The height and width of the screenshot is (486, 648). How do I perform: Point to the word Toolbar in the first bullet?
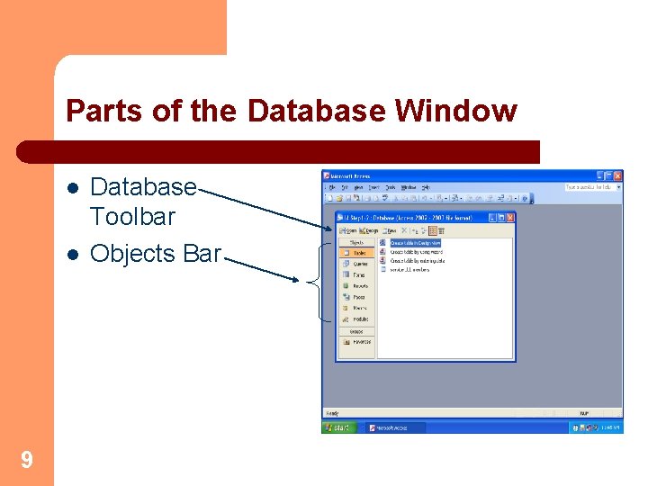point(132,217)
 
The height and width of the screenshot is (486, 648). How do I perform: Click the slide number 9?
point(27,461)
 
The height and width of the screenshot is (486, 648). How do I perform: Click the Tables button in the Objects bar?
point(357,253)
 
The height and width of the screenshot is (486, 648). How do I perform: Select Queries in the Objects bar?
point(357,264)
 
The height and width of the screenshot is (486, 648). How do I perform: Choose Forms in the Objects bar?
point(357,274)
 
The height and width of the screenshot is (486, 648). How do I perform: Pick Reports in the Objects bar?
point(357,286)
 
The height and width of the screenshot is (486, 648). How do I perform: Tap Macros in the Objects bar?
point(357,308)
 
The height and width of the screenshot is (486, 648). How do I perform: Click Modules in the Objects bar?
point(357,319)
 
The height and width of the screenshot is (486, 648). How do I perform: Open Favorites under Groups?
point(357,342)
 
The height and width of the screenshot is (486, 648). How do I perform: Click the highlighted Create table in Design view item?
point(415,243)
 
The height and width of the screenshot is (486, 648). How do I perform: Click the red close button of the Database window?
point(510,218)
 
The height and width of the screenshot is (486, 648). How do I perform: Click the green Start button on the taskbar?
point(338,427)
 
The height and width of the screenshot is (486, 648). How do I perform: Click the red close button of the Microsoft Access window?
point(616,175)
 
